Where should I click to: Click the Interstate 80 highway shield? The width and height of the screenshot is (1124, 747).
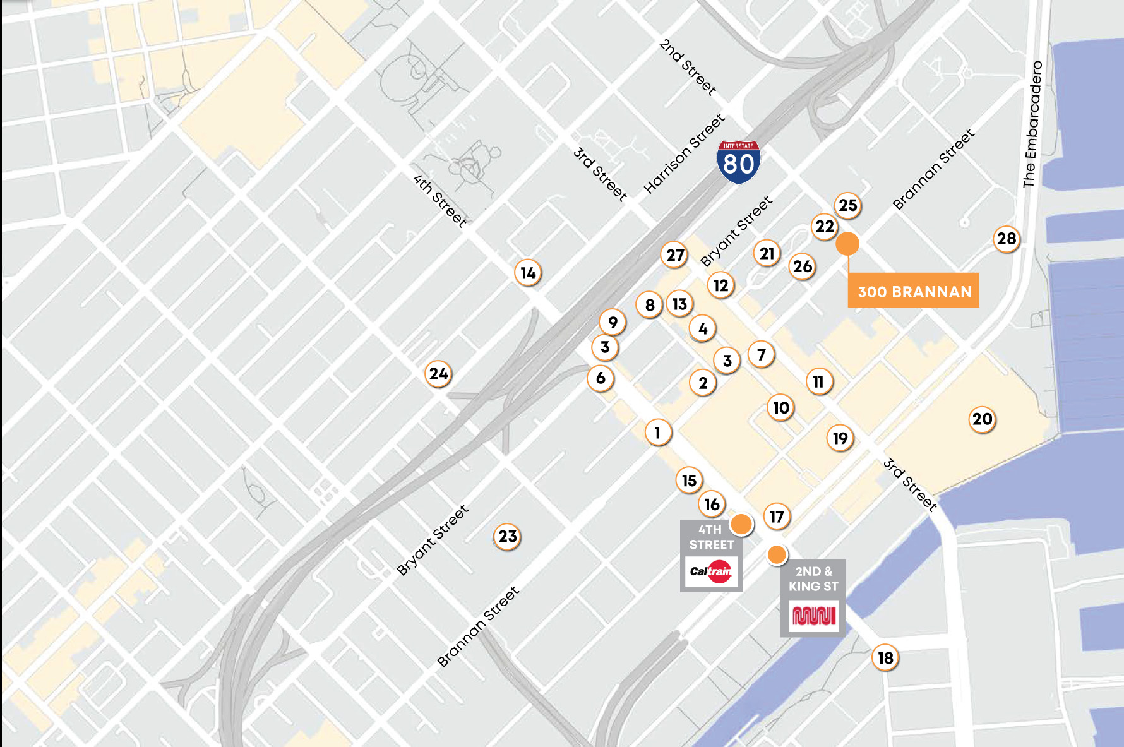pyautogui.click(x=738, y=162)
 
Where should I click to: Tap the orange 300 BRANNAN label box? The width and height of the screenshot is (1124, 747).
pyautogui.click(x=913, y=291)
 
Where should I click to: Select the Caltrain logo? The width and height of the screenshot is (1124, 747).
pyautogui.click(x=711, y=571)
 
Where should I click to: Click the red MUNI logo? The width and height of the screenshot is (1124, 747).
pyautogui.click(x=813, y=615)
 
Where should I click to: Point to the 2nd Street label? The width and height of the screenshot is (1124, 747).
pyautogui.click(x=687, y=67)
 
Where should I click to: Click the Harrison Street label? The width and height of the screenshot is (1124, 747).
pyautogui.click(x=684, y=153)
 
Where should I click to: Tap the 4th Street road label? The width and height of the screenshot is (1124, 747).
pyautogui.click(x=440, y=200)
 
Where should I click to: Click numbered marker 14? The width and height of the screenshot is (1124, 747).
pyautogui.click(x=528, y=273)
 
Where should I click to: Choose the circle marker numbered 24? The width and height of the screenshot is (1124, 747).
pyautogui.click(x=438, y=374)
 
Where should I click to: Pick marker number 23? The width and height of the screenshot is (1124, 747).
pyautogui.click(x=507, y=536)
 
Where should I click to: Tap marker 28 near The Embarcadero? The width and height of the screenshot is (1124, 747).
pyautogui.click(x=1007, y=239)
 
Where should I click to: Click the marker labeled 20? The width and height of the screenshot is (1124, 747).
pyautogui.click(x=982, y=419)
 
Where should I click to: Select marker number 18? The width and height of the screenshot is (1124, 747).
pyautogui.click(x=885, y=658)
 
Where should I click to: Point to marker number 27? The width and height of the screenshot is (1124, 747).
pyautogui.click(x=675, y=255)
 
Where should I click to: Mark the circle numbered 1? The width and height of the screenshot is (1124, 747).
pyautogui.click(x=657, y=433)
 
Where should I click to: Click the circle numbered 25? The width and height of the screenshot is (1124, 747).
pyautogui.click(x=847, y=205)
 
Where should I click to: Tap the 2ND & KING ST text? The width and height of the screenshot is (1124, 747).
pyautogui.click(x=813, y=578)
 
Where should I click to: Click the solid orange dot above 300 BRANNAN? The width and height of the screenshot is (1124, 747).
pyautogui.click(x=847, y=243)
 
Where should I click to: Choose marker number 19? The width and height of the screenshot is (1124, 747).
pyautogui.click(x=840, y=438)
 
